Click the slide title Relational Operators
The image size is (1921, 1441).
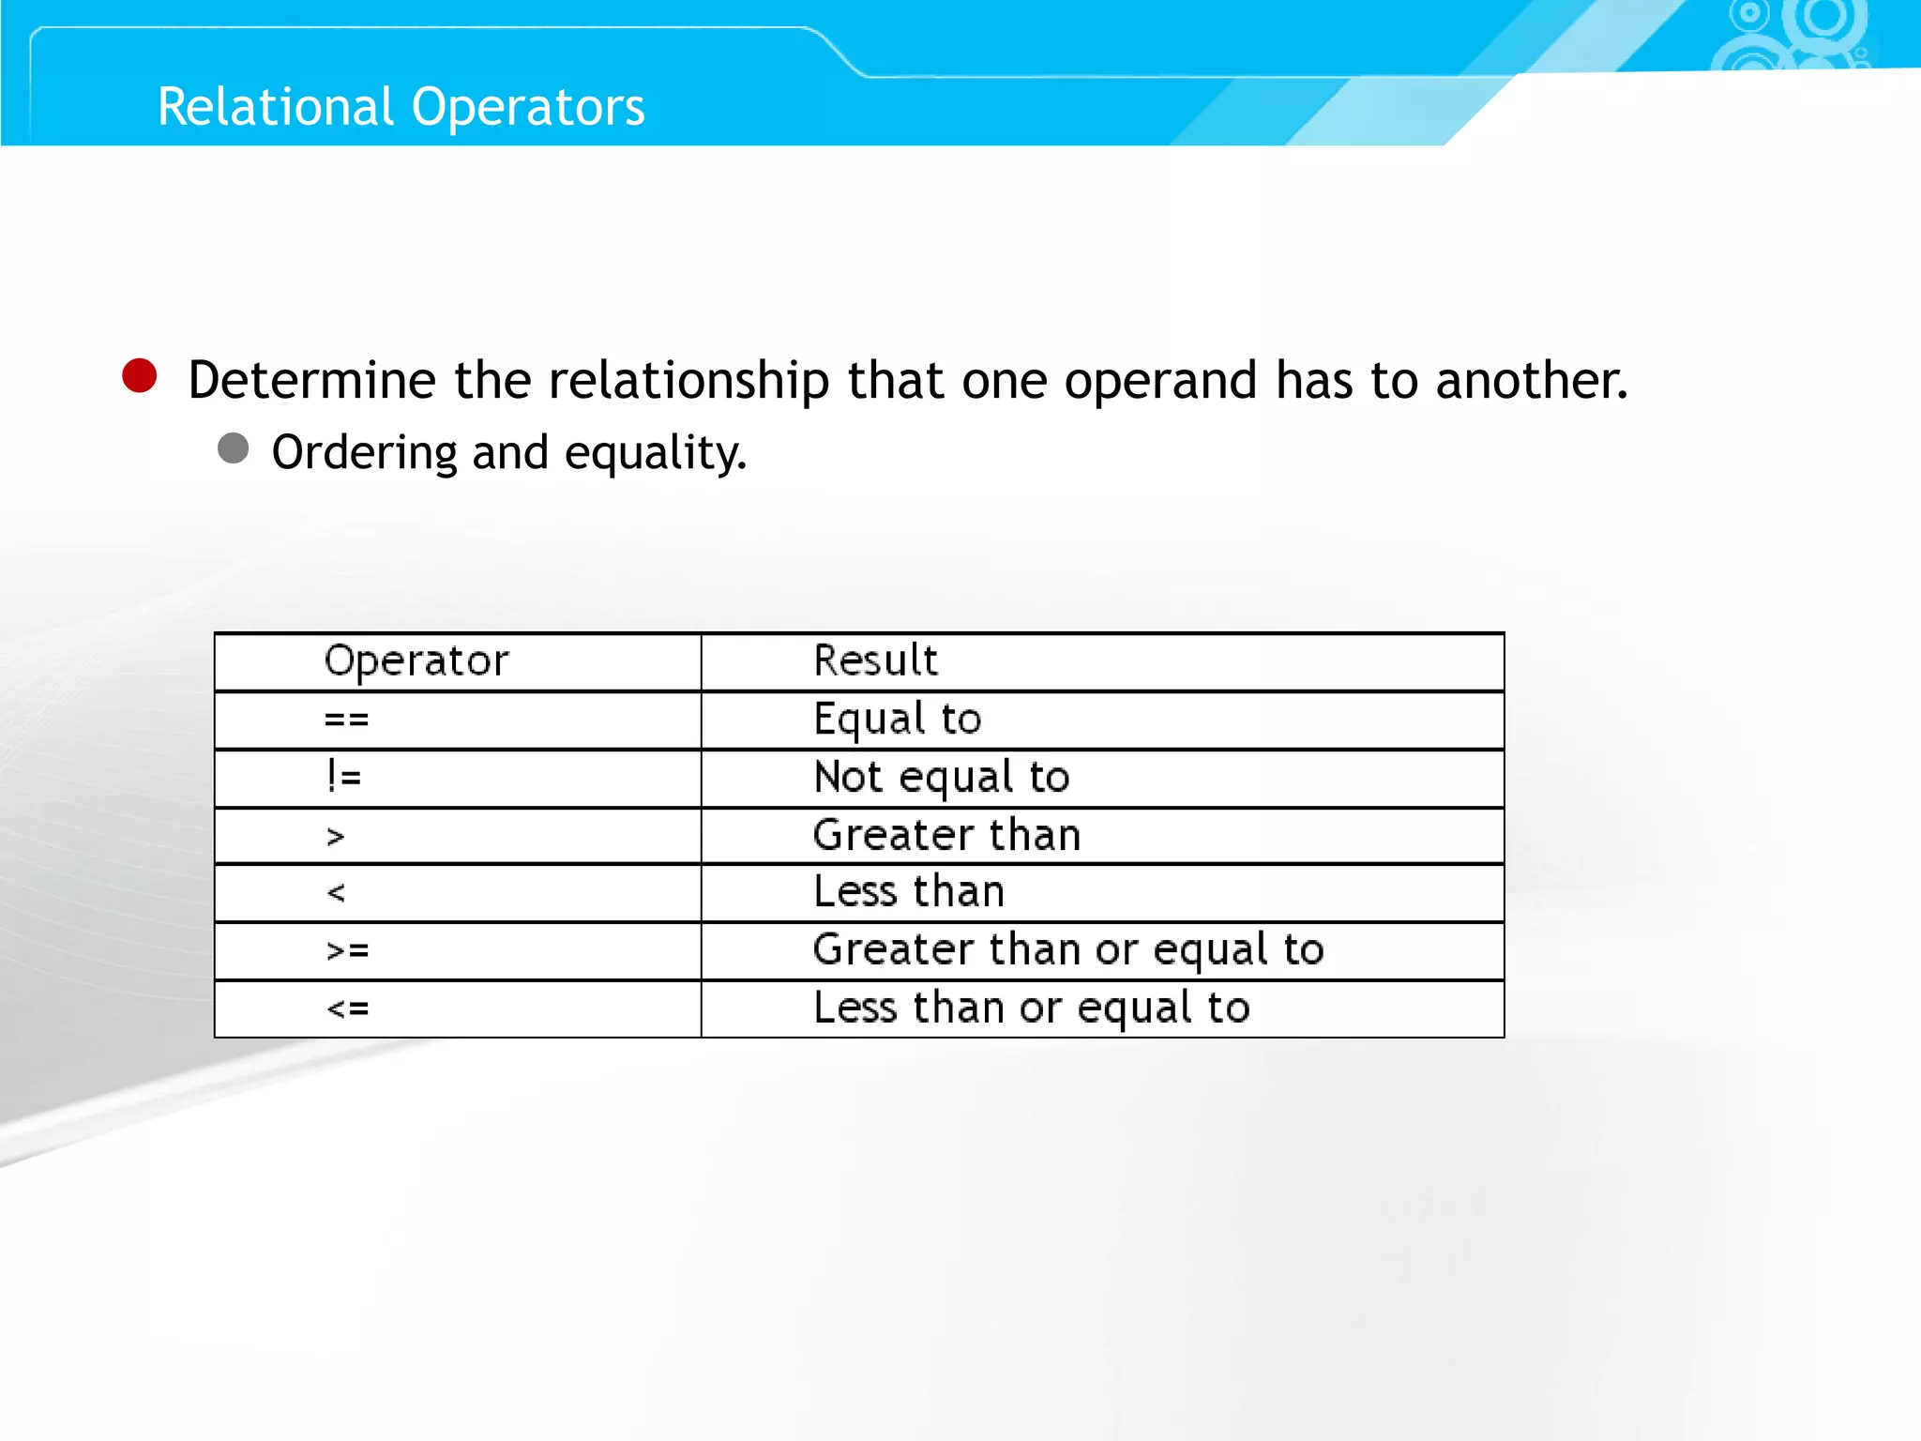401,106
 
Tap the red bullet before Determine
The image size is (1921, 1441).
140,376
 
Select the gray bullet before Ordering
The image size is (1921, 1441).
233,448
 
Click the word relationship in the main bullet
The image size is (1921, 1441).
688,381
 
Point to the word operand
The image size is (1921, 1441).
1160,381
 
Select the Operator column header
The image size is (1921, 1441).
416,660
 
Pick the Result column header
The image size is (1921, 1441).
875,660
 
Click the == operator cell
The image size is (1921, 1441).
346,720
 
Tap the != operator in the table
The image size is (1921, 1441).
344,777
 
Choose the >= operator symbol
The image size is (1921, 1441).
347,950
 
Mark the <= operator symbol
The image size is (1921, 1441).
347,1009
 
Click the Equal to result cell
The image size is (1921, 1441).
897,720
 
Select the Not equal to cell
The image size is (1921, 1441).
942,778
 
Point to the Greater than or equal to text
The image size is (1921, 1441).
1068,949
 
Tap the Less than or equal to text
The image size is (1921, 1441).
1032,1008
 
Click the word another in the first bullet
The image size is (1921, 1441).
1531,381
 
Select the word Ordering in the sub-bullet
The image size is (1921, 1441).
364,453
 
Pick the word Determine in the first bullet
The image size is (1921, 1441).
312,381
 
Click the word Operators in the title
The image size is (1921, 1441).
528,106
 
